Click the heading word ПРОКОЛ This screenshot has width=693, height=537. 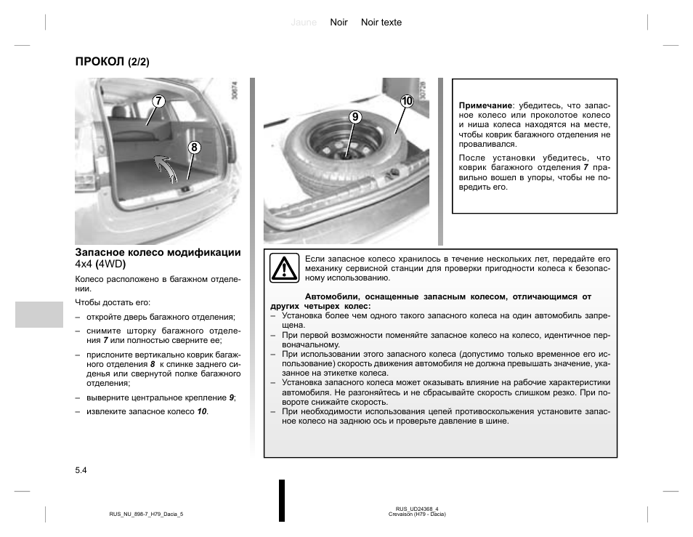tap(99, 62)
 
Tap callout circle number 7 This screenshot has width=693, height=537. tap(158, 101)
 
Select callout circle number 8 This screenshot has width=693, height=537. tap(194, 148)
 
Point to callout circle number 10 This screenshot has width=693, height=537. tap(405, 101)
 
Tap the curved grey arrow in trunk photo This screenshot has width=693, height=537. tap(166, 168)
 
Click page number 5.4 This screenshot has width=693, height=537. tap(81, 471)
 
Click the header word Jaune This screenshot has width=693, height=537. tap(304, 23)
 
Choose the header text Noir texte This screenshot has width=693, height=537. tap(381, 23)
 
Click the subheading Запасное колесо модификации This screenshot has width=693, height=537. tap(158, 253)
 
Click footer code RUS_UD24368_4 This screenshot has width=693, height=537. tap(417, 509)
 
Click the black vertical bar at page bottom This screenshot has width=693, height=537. tap(282, 500)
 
